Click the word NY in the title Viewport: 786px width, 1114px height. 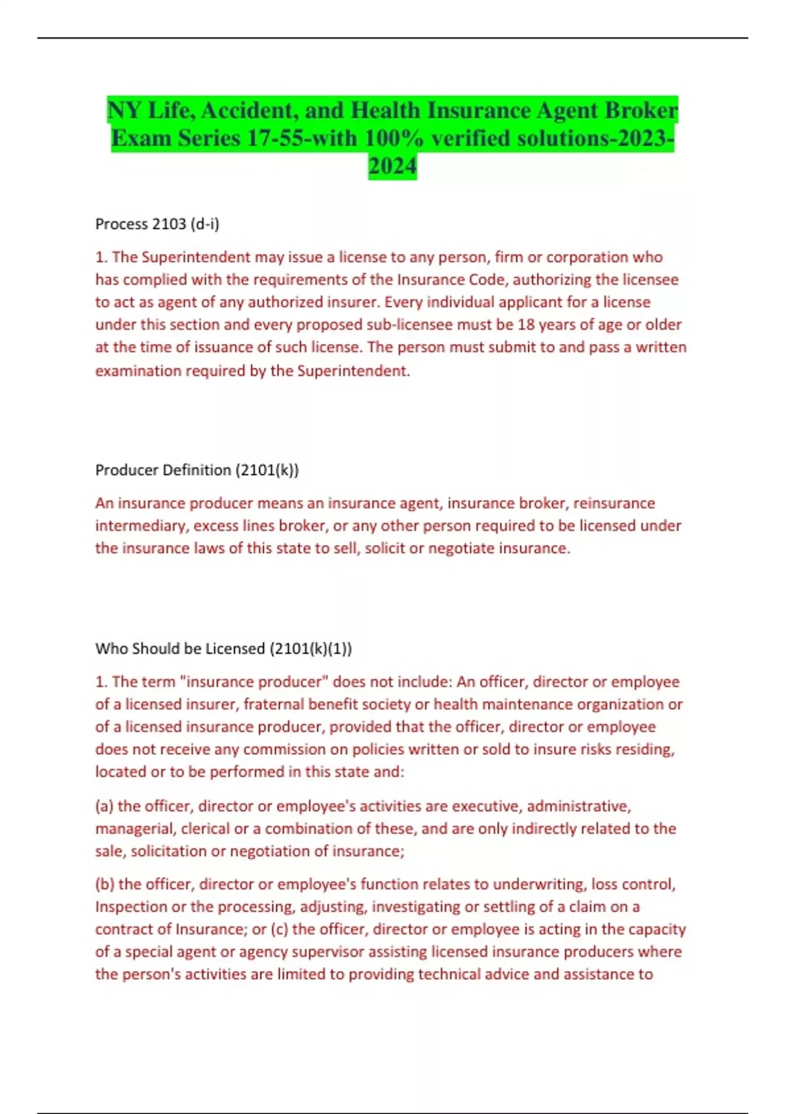[x=124, y=110]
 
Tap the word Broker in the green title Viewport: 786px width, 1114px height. [x=641, y=110]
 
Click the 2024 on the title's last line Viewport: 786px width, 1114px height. [x=392, y=166]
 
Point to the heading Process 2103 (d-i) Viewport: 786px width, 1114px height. [x=157, y=224]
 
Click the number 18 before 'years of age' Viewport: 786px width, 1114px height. [x=525, y=325]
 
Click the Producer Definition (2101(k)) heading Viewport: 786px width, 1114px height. [x=197, y=470]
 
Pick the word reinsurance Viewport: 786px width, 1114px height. [x=616, y=503]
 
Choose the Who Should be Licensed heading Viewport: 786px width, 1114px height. [x=223, y=649]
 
